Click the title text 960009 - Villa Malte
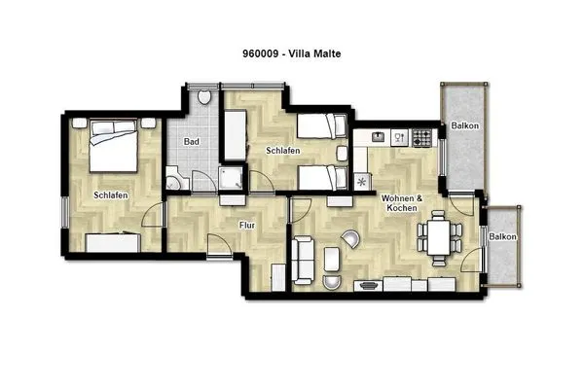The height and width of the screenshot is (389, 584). (291, 54)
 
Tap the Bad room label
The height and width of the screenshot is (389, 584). (192, 143)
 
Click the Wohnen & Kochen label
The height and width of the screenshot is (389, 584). (403, 204)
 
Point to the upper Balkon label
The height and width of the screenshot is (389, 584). (463, 126)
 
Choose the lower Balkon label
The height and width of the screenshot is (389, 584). (502, 237)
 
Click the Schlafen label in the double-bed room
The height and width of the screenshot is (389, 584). (111, 195)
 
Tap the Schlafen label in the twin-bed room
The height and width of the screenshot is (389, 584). (282, 152)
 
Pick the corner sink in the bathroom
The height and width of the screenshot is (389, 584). (172, 181)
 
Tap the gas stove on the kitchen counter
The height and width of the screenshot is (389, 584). (421, 138)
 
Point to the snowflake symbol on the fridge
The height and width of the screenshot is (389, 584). (363, 181)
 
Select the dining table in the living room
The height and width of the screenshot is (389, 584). (438, 236)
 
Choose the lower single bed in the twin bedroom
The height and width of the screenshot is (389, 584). (319, 178)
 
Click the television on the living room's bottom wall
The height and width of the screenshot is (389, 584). (370, 286)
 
